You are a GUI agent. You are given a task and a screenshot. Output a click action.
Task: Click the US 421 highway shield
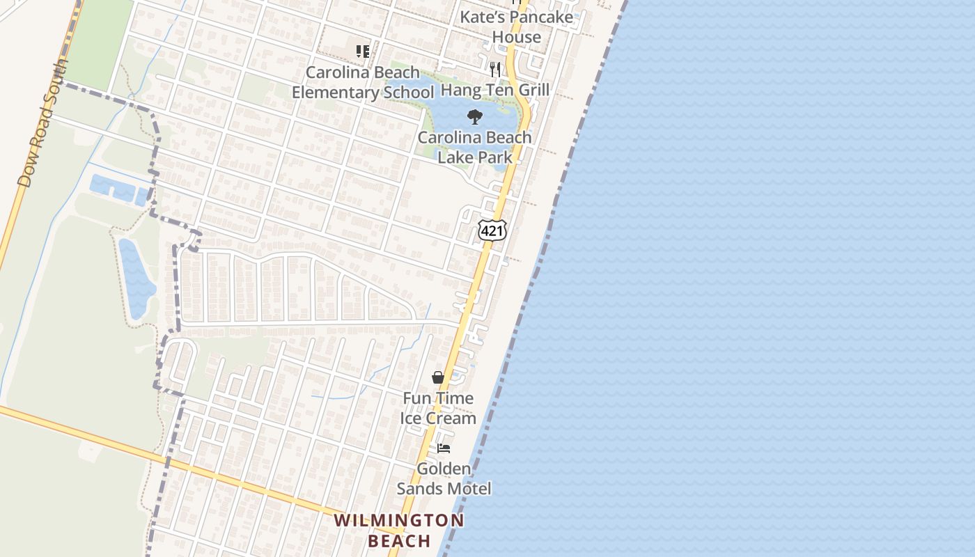(492, 230)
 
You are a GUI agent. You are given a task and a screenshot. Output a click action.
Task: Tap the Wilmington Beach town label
(398, 530)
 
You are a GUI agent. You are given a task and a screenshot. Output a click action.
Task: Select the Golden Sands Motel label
(444, 478)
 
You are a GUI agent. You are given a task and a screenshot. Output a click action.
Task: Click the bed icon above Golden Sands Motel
(444, 448)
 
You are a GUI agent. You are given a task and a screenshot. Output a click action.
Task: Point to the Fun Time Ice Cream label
(438, 408)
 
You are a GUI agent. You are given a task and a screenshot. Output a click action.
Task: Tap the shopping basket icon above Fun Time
(438, 377)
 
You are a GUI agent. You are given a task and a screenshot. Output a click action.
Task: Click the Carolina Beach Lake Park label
(475, 147)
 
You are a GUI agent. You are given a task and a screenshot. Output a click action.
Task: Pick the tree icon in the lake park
(475, 116)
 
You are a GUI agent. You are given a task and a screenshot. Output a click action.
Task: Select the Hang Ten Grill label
(495, 90)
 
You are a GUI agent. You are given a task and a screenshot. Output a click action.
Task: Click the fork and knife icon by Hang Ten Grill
(495, 69)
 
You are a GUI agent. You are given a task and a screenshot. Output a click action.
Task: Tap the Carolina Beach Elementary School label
(362, 82)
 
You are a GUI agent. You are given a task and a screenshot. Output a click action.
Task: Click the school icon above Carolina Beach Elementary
(362, 52)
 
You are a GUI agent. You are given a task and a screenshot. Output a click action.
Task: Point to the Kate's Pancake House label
(517, 26)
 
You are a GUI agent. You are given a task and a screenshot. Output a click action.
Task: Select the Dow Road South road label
(43, 124)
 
